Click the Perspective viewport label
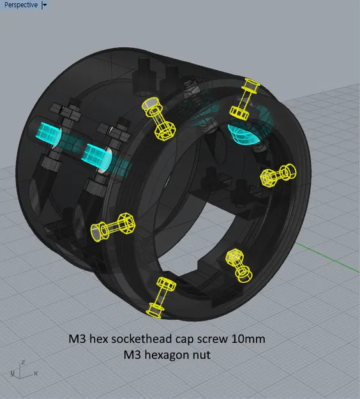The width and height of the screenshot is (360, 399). point(21,5)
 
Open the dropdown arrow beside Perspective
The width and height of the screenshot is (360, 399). point(45,5)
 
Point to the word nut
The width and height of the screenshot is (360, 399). point(202,355)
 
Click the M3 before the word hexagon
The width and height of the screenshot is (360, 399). point(132,355)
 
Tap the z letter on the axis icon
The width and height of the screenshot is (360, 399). point(23,363)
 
